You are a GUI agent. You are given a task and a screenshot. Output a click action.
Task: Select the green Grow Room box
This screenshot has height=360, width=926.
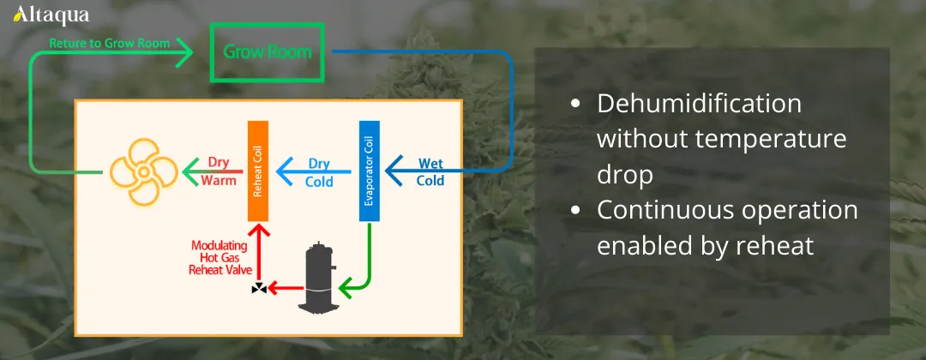(268, 52)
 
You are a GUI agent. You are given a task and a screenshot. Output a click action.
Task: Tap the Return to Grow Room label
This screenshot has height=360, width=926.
(109, 42)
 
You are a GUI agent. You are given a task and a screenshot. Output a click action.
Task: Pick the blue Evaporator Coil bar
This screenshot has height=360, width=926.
(369, 171)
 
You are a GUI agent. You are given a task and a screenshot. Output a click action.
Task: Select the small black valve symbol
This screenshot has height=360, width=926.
(258, 289)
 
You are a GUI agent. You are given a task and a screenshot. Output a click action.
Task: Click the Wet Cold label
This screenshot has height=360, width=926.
(430, 171)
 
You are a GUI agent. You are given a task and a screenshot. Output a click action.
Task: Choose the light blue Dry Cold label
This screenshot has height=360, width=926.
(319, 171)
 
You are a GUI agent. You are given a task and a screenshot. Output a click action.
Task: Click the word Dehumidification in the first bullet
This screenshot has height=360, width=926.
(699, 105)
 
